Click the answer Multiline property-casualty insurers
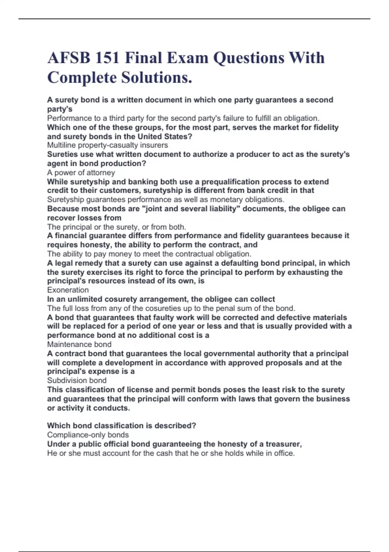click(107, 145)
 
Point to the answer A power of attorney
click(81, 172)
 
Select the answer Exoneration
click(68, 290)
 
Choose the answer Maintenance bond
click(79, 344)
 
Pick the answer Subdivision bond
click(77, 380)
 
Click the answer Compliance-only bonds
click(88, 435)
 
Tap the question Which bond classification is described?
click(122, 426)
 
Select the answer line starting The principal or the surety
click(116, 227)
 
